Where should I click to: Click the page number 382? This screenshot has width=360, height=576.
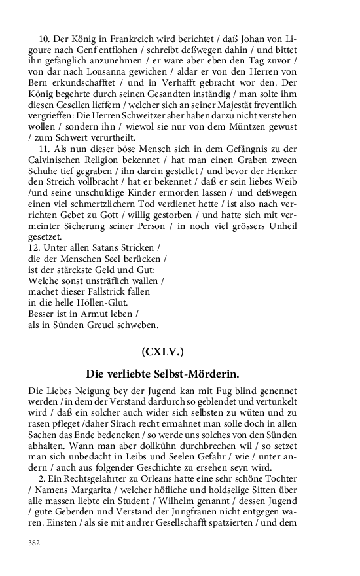[x=34, y=543]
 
